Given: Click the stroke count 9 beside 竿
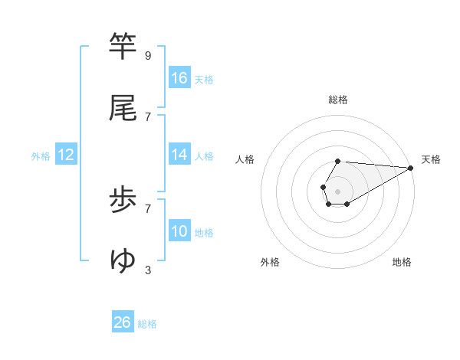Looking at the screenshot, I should point(147,56).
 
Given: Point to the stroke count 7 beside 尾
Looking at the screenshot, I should point(147,116).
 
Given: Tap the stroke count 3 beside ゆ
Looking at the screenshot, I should point(147,270).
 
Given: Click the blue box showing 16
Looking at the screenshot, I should point(179,78).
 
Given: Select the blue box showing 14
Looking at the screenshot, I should point(179,155).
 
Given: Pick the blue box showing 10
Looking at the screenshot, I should point(179,231).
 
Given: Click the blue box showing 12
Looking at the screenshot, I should point(66,155).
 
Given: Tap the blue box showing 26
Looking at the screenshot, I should point(123,322).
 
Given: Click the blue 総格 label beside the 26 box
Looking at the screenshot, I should point(147,324).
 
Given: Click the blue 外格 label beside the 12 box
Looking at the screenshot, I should point(41,156).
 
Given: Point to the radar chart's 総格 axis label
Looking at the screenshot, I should point(338,100).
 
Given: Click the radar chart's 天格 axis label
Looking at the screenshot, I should point(431,159).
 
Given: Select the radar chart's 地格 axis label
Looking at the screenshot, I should point(402,262).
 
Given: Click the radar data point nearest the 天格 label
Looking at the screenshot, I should point(411,168).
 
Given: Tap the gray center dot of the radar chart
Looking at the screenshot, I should point(337,190).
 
